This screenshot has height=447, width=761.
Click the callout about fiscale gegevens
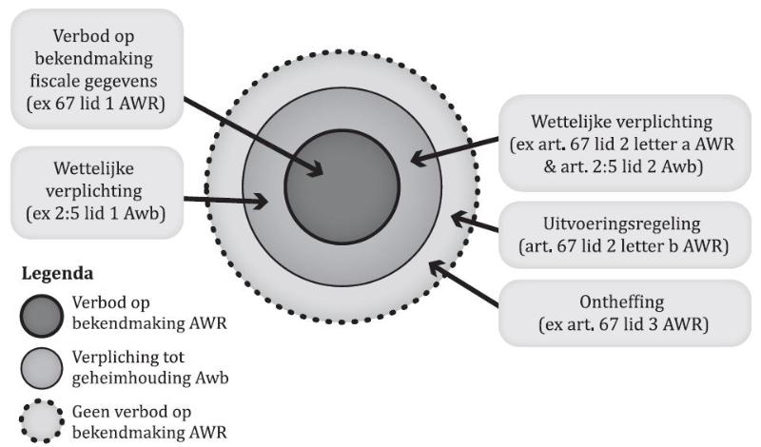tap(93, 65)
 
